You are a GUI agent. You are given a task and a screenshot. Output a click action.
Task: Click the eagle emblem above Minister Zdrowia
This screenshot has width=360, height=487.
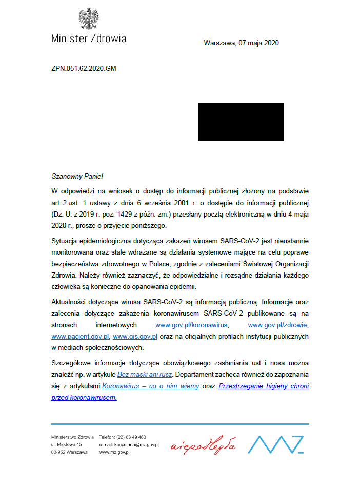click(x=89, y=20)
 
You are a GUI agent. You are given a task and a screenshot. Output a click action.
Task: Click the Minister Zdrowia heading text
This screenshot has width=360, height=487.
click(x=89, y=38)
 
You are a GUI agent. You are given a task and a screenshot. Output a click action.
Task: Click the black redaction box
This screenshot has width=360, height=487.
click(x=241, y=122)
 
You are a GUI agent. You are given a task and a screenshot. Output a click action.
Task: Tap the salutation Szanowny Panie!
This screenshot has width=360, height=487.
click(x=77, y=176)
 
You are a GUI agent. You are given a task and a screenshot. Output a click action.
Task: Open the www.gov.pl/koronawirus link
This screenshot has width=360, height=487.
click(x=192, y=325)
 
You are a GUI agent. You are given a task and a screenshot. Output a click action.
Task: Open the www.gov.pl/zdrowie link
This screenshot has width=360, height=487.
click(x=278, y=325)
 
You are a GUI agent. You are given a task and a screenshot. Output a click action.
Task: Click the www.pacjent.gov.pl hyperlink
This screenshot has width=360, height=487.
click(x=81, y=337)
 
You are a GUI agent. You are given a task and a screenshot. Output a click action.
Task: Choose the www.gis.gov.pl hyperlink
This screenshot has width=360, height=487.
click(x=134, y=337)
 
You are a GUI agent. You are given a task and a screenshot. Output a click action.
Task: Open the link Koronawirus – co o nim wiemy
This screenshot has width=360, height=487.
click(x=151, y=386)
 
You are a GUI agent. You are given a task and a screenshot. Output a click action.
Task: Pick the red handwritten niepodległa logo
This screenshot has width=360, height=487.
click(x=203, y=444)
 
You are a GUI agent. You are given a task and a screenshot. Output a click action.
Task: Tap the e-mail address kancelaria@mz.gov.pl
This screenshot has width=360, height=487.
click(x=136, y=444)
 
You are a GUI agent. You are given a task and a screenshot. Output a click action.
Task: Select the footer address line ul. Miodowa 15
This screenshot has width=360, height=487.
click(x=67, y=444)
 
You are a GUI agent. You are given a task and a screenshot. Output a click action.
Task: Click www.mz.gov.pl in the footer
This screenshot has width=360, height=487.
click(x=114, y=452)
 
